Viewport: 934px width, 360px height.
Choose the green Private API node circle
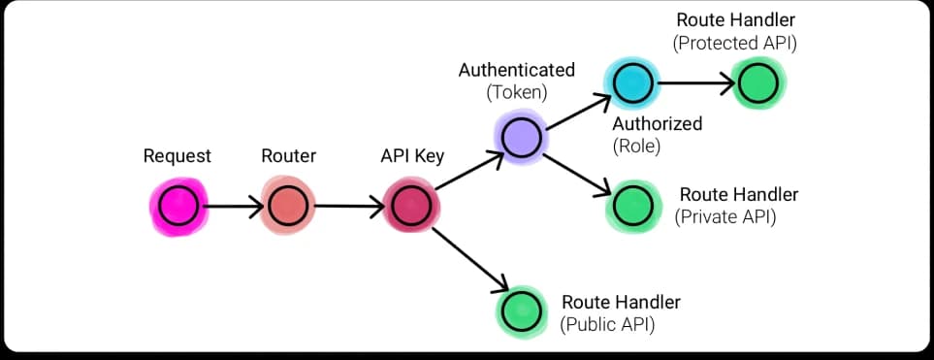tap(632, 205)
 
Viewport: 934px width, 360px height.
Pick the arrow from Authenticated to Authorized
tap(576, 110)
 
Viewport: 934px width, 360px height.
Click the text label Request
tap(177, 155)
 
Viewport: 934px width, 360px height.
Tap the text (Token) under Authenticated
tap(517, 93)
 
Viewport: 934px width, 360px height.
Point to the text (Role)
tap(636, 146)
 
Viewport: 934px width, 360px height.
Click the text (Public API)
tap(608, 324)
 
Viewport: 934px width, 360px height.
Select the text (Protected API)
tap(735, 43)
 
